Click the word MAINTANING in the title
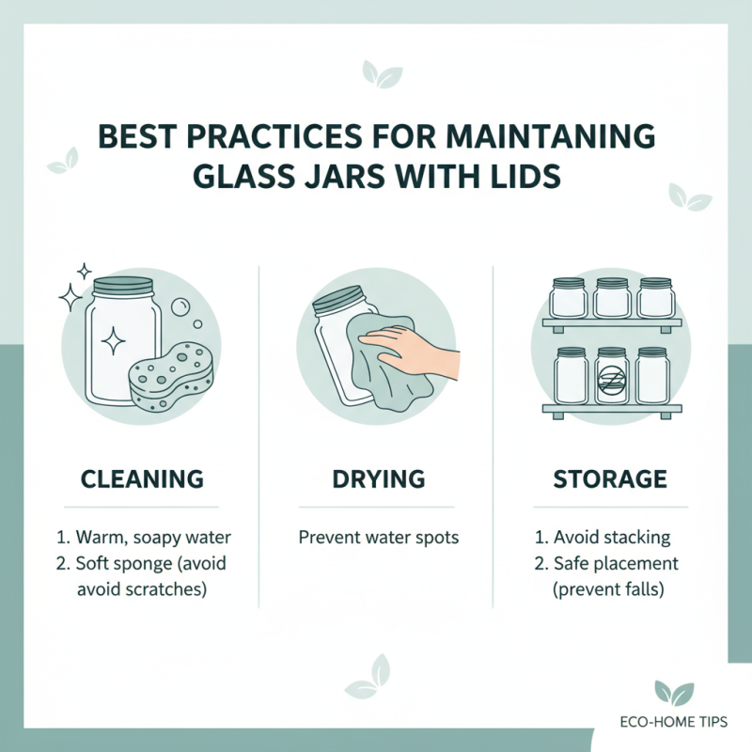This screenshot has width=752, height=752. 550,136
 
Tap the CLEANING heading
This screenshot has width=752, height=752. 142,478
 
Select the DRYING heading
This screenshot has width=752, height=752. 379,478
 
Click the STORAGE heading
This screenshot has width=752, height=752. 610,478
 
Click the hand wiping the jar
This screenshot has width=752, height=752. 409,349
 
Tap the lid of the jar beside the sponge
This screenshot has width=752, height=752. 123,287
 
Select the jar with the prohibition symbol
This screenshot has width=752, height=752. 612,375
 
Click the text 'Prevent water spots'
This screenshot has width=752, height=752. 379,538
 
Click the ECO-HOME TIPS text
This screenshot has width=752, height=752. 673,721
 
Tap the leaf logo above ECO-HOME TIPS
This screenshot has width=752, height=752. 674,693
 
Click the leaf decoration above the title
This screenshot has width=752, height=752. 383,74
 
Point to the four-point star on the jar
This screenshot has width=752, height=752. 113,340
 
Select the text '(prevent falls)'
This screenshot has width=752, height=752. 608,588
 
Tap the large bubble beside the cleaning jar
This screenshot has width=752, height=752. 180,307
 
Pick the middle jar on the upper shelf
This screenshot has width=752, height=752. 612,298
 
